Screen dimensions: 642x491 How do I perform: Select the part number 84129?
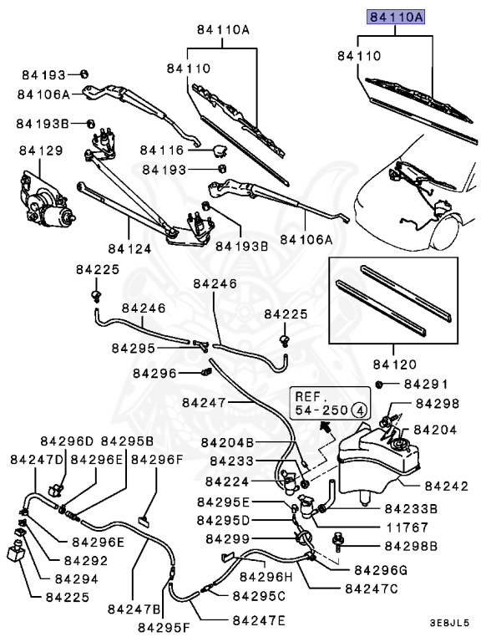point(41,150)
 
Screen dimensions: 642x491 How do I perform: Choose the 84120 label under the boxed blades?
point(394,364)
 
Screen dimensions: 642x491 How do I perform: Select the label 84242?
point(447,485)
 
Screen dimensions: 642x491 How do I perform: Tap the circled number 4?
point(358,410)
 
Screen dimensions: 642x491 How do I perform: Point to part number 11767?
point(408,527)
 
